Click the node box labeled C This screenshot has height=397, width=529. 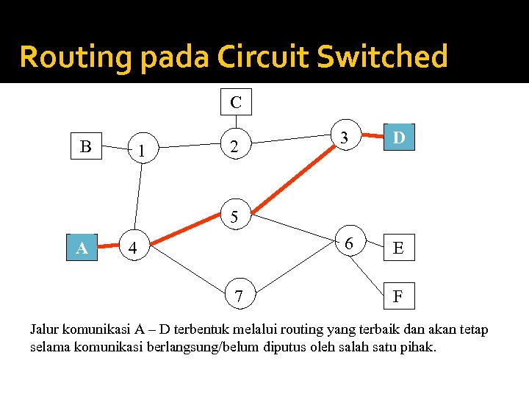click(x=236, y=102)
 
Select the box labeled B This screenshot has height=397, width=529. click(x=86, y=147)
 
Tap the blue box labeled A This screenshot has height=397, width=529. click(x=82, y=248)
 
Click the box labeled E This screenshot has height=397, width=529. click(x=398, y=248)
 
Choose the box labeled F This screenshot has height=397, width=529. click(x=398, y=296)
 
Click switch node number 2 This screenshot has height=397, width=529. click(x=234, y=147)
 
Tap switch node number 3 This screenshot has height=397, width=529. click(x=343, y=136)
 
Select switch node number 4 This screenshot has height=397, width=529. click(x=132, y=248)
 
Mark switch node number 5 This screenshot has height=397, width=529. click(x=234, y=217)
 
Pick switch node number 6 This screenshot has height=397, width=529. click(x=350, y=243)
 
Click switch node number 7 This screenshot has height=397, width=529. click(x=239, y=296)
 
